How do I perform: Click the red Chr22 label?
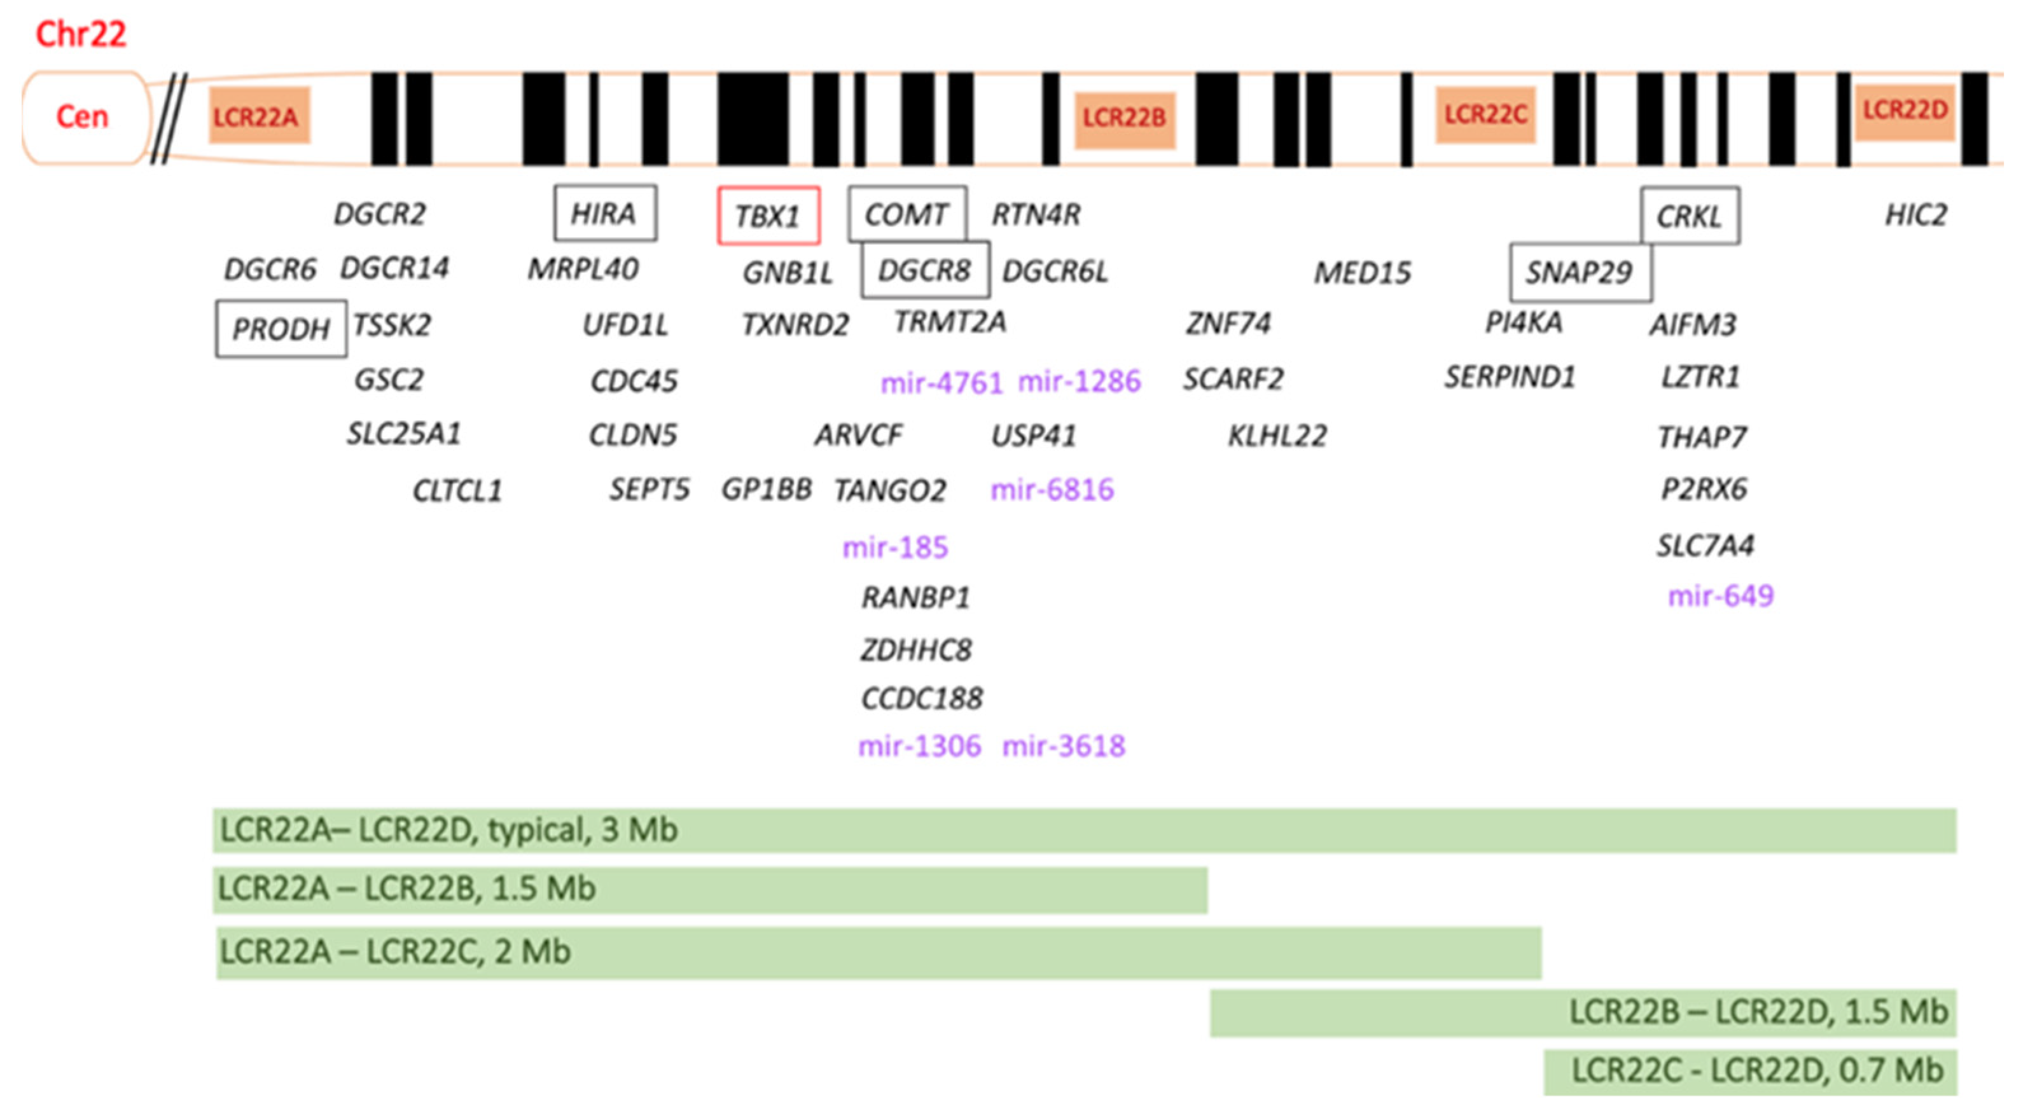coord(81,34)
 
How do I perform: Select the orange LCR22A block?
coord(259,117)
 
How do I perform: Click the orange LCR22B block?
coord(1124,118)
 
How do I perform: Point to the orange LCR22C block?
coord(1485,115)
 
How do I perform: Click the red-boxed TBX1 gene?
coord(768,216)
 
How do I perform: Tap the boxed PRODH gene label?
coord(281,329)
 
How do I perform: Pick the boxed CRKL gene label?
coord(1689,216)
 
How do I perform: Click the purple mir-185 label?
coord(895,547)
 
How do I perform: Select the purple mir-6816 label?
coord(1052,490)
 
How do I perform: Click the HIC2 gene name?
coord(1916,215)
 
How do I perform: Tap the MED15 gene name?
coord(1363,273)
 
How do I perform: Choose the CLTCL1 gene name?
coord(457,491)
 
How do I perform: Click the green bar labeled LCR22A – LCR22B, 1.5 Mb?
coord(709,890)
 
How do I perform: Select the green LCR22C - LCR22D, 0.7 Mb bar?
coord(1749,1072)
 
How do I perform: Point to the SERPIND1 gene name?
coord(1510,377)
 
